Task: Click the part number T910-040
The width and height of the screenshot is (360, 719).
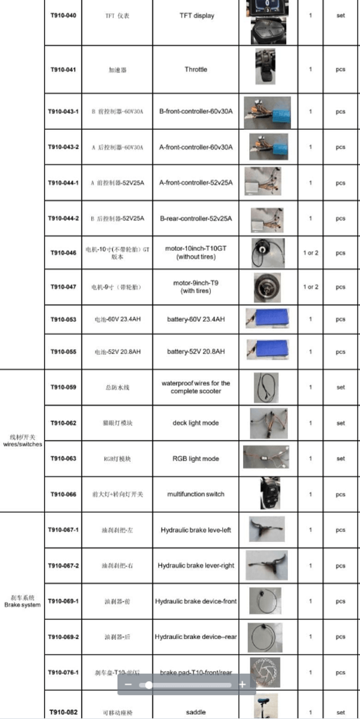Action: pyautogui.click(x=63, y=16)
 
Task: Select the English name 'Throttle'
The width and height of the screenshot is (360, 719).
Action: pyautogui.click(x=196, y=70)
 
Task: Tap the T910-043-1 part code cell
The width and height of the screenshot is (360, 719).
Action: pyautogui.click(x=63, y=111)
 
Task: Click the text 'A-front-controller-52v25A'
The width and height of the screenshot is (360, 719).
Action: pyautogui.click(x=196, y=183)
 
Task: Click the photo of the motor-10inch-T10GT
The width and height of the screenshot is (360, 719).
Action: pyautogui.click(x=264, y=253)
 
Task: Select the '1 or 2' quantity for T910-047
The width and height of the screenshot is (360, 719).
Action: pyautogui.click(x=310, y=287)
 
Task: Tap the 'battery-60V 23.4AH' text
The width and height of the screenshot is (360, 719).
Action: pyautogui.click(x=196, y=319)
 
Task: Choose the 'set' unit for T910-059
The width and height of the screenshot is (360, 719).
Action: pyautogui.click(x=341, y=387)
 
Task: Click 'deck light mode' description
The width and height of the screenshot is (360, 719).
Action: pyautogui.click(x=196, y=423)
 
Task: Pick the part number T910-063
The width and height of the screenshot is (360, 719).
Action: pyautogui.click(x=63, y=459)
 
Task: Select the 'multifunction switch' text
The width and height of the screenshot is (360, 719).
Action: pyautogui.click(x=196, y=494)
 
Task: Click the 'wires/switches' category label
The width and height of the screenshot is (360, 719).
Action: pyautogui.click(x=22, y=444)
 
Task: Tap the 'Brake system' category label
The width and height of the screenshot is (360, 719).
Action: pyautogui.click(x=22, y=605)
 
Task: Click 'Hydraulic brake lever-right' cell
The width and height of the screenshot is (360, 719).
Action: pyautogui.click(x=196, y=566)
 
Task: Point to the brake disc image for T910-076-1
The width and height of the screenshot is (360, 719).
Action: pyautogui.click(x=266, y=672)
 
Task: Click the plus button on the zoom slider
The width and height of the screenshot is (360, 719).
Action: pyautogui.click(x=242, y=685)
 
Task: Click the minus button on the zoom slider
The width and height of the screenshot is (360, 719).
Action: pyautogui.click(x=128, y=685)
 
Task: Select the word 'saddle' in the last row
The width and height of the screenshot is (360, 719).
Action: pyautogui.click(x=196, y=712)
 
